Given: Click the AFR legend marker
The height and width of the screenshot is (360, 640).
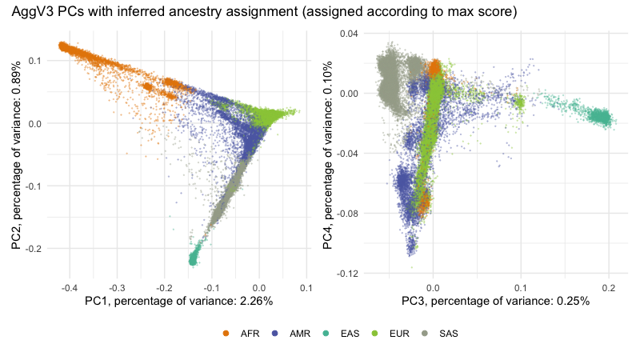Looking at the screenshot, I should (226, 334).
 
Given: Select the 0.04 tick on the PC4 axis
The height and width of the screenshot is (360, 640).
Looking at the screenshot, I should (349, 33).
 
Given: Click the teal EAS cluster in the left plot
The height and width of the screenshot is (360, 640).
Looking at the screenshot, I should (193, 257).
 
